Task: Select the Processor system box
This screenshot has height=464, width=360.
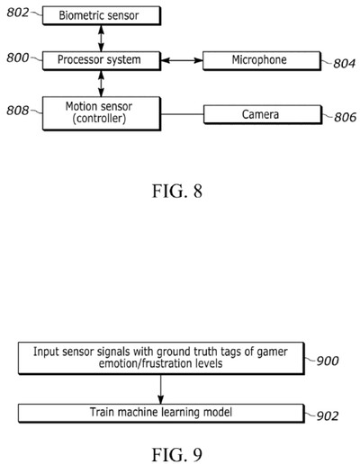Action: pyautogui.click(x=102, y=60)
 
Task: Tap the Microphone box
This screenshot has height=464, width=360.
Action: pyautogui.click(x=261, y=60)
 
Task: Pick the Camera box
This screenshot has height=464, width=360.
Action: pyautogui.click(x=261, y=116)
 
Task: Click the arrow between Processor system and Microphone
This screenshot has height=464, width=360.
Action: pyautogui.click(x=184, y=60)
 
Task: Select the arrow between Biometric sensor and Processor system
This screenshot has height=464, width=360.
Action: pyautogui.click(x=102, y=38)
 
